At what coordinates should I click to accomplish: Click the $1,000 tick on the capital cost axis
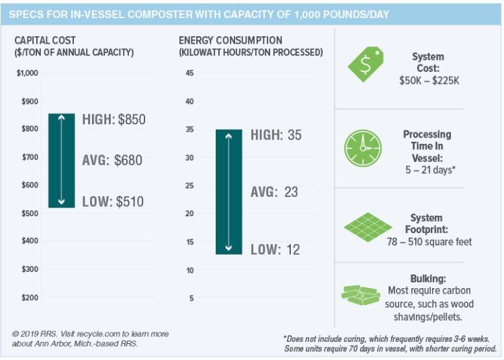coord(28,73)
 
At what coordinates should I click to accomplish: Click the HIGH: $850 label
coord(114,120)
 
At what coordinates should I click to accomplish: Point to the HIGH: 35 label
coord(276,135)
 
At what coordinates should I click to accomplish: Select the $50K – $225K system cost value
coord(427,81)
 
